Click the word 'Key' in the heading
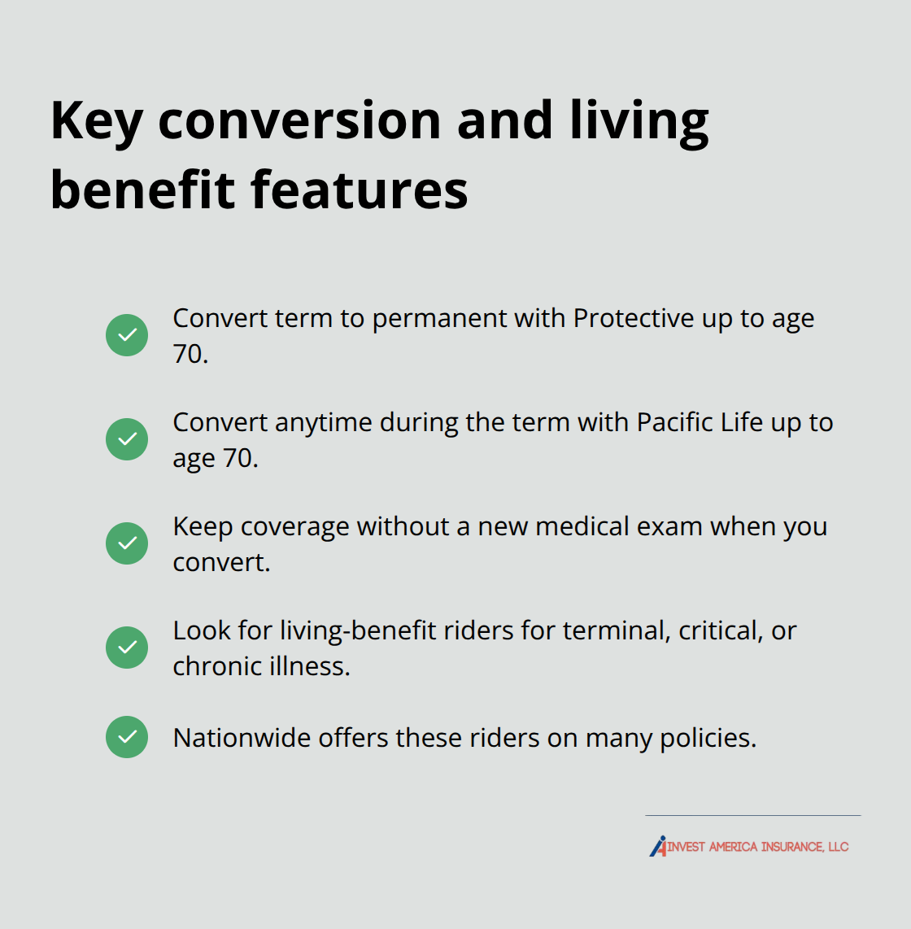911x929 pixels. pyautogui.click(x=97, y=122)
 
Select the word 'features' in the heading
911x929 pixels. pyautogui.click(x=359, y=190)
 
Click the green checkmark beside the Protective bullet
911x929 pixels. pyautogui.click(x=127, y=335)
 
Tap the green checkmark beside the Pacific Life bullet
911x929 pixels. pyautogui.click(x=127, y=439)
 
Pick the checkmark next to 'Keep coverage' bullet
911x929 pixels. pyautogui.click(x=127, y=543)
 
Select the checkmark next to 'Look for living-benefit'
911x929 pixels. pyautogui.click(x=127, y=648)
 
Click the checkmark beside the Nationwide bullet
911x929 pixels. pyautogui.click(x=127, y=737)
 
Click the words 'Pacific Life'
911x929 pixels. pyautogui.click(x=700, y=422)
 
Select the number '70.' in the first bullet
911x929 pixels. pyautogui.click(x=190, y=354)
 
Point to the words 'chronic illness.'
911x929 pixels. pyautogui.click(x=261, y=666)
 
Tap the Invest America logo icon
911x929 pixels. pyautogui.click(x=658, y=846)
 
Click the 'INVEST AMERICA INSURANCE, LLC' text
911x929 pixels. pyautogui.click(x=758, y=847)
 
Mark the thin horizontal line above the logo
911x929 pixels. pyautogui.click(x=752, y=815)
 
